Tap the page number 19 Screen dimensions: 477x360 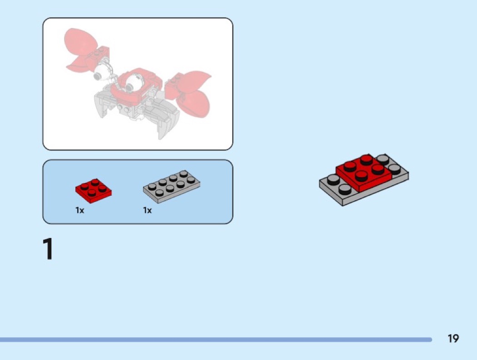(453, 338)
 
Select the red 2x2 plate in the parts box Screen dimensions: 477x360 (94, 191)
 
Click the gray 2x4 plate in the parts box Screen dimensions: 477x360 (172, 187)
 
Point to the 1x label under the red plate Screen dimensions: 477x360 (79, 210)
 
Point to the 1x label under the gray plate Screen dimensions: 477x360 (147, 210)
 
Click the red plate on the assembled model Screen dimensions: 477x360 (364, 173)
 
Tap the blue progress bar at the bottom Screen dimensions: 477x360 (216, 339)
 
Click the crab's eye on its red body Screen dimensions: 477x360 (133, 82)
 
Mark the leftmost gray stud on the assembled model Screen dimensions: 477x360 (334, 180)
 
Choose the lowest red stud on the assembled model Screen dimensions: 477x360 (361, 176)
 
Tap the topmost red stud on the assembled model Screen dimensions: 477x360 (366, 160)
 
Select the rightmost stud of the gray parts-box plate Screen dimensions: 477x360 (191, 179)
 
